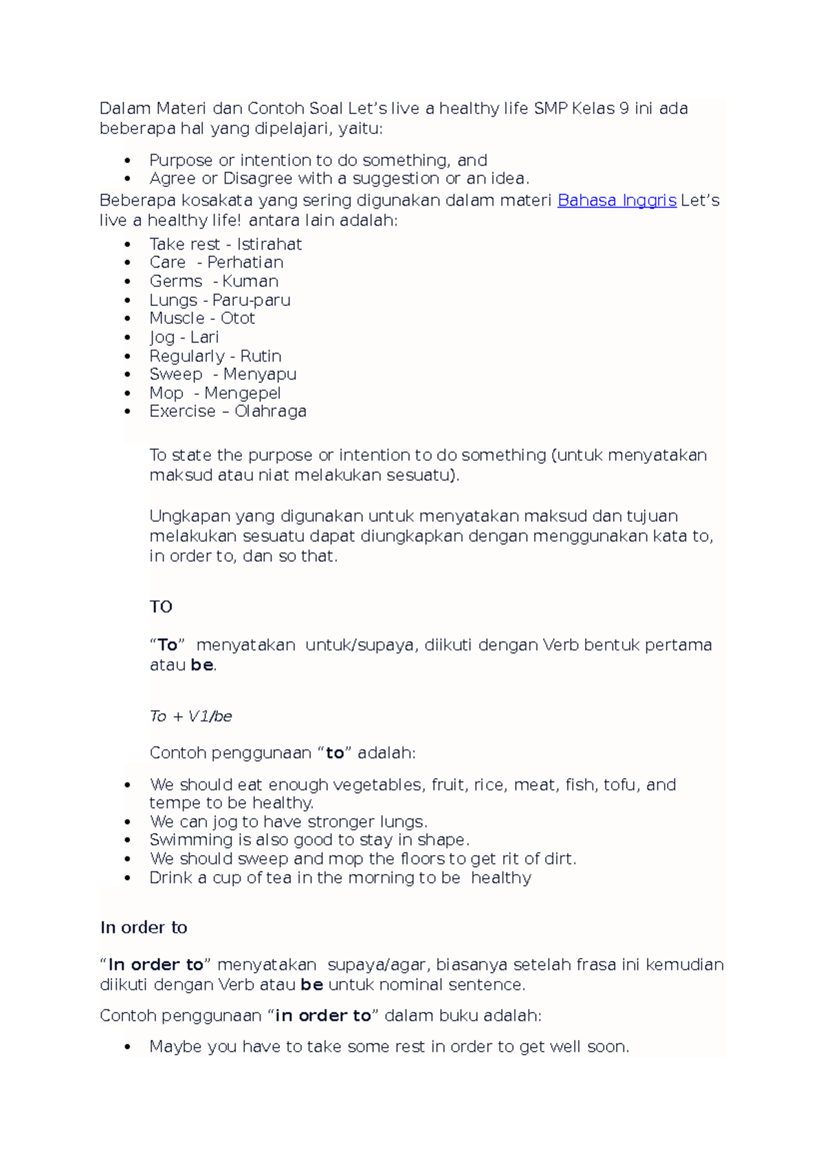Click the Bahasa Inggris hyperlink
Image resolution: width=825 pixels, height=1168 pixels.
click(x=617, y=200)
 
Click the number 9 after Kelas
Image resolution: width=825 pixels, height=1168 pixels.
click(x=623, y=109)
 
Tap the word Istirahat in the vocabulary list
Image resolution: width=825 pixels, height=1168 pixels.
click(x=269, y=244)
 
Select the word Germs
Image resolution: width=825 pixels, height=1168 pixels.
click(x=176, y=281)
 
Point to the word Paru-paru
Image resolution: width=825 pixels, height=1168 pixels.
click(x=251, y=301)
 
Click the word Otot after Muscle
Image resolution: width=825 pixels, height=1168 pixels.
click(x=238, y=318)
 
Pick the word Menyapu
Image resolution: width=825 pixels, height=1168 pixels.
click(x=260, y=374)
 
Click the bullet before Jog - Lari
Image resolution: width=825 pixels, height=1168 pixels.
click(x=128, y=338)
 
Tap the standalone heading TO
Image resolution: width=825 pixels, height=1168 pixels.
click(x=161, y=607)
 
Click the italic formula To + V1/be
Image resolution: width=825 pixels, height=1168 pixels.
click(x=190, y=716)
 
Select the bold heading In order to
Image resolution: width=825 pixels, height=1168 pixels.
click(x=144, y=927)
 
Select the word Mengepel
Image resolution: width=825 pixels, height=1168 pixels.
click(x=242, y=393)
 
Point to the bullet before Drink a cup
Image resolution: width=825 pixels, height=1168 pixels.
click(x=128, y=878)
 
